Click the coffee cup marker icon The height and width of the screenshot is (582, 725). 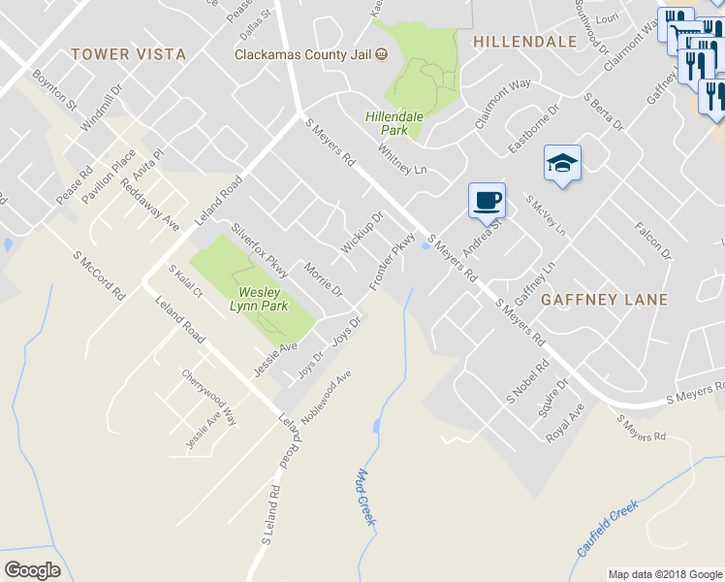tap(487, 201)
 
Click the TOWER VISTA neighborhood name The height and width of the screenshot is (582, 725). tap(128, 54)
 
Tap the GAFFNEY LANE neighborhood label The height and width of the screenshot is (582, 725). tap(605, 300)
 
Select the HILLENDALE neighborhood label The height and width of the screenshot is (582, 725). tap(524, 42)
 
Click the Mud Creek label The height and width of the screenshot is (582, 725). tap(365, 498)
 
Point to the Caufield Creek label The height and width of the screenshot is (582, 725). tap(608, 529)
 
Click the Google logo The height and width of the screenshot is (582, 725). tap(32, 570)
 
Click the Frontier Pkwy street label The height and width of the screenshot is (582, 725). tap(393, 260)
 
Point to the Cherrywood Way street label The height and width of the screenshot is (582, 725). tap(209, 396)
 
